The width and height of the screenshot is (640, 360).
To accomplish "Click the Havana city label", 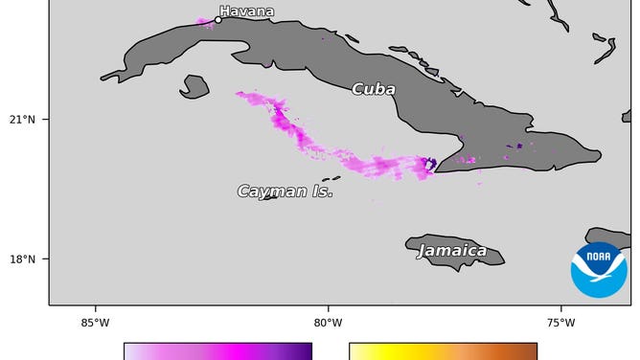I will click(x=246, y=11).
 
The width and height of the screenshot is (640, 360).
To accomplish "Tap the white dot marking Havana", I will click(x=218, y=19).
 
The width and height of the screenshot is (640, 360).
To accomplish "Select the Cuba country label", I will click(x=373, y=89).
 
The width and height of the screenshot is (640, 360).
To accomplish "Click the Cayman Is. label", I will click(x=285, y=191).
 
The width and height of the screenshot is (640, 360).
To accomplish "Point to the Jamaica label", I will click(x=451, y=251).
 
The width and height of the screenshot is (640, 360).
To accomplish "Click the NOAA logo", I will click(x=599, y=269).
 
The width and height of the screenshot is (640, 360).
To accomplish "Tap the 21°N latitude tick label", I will click(x=23, y=120).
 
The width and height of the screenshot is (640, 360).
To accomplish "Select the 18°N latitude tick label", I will click(x=23, y=259).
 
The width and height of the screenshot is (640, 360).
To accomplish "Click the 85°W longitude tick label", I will click(x=95, y=322).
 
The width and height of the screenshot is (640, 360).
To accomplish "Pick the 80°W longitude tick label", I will click(x=328, y=322).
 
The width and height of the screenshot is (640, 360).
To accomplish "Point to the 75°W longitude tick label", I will click(x=560, y=322).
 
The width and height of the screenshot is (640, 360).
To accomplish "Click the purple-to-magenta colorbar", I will click(x=217, y=351).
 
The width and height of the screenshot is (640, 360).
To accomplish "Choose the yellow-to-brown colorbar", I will click(x=443, y=351).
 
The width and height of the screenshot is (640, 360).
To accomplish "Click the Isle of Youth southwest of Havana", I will click(x=194, y=86).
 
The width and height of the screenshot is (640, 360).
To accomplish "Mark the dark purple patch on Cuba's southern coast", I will click(x=430, y=165).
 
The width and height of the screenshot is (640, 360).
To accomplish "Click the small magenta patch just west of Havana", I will click(x=204, y=21).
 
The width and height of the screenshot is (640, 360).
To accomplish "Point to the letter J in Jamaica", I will click(x=422, y=252).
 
